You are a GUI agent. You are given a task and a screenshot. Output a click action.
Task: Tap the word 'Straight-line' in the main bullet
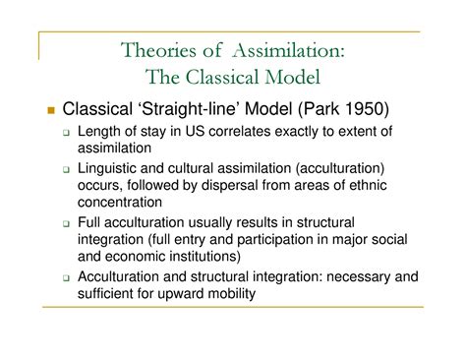click(198, 108)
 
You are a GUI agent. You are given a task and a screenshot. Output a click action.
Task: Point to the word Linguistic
click(119, 168)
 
